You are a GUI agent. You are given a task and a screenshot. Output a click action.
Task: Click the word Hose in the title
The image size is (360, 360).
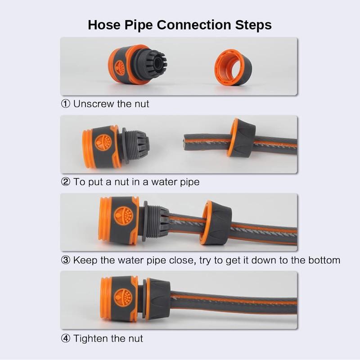tap(104, 25)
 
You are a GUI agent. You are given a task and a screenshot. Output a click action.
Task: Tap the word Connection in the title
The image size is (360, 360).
tap(194, 25)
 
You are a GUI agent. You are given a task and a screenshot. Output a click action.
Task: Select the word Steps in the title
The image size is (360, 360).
tap(253, 25)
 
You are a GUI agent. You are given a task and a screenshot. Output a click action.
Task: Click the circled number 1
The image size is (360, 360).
tap(66, 104)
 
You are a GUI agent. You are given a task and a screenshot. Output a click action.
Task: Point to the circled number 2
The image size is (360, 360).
tap(66, 182)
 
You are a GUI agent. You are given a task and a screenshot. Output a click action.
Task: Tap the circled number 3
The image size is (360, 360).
tap(66, 260)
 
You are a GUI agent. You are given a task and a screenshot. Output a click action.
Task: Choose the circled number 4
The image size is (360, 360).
tap(66, 338)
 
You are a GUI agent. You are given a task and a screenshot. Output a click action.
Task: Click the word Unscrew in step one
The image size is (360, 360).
tap(94, 104)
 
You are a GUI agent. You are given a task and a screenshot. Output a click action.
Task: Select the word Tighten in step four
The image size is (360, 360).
tap(91, 339)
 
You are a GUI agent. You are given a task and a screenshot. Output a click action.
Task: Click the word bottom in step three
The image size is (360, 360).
tap(324, 261)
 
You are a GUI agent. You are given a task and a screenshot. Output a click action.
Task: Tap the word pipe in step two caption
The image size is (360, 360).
tap(190, 183)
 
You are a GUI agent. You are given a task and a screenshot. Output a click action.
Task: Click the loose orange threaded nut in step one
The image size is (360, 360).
tap(233, 67)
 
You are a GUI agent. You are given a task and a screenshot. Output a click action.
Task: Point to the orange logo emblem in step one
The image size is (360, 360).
tap(120, 68)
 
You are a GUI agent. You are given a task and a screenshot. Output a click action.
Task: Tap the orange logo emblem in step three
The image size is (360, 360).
tap(123, 216)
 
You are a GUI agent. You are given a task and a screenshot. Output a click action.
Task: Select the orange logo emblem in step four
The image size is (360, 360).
tap(123, 298)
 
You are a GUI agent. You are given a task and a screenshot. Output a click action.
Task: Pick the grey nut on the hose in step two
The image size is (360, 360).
tap(242, 138)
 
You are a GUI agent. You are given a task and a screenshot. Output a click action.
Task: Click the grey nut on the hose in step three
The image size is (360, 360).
tap(216, 222)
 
